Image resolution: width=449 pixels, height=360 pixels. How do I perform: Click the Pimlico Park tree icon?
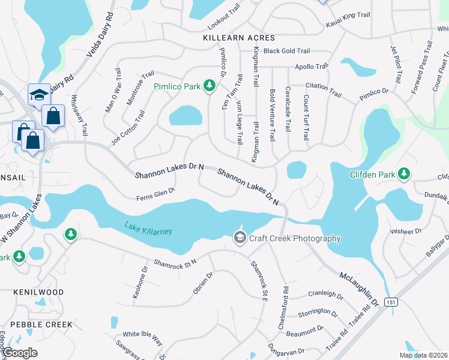pyautogui.click(x=209, y=86)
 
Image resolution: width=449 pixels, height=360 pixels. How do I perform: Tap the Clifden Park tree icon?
pyautogui.click(x=404, y=174)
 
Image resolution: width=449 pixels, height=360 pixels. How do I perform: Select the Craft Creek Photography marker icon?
pyautogui.click(x=240, y=238)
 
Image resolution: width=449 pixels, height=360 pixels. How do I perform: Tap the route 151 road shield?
pyautogui.click(x=391, y=302)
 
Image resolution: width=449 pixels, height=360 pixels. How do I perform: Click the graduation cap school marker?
pyautogui.click(x=39, y=95)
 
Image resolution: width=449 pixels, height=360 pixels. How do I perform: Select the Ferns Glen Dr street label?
pyautogui.click(x=155, y=194)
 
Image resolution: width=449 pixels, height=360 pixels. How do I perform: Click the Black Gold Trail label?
pyautogui.click(x=286, y=52)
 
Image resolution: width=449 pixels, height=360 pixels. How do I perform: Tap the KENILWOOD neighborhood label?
pyautogui.click(x=38, y=292)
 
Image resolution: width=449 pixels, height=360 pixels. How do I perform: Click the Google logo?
pyautogui.click(x=20, y=353)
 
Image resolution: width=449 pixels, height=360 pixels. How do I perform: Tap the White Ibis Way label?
pyautogui.click(x=142, y=338)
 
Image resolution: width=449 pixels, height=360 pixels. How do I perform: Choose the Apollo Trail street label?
pyautogui.click(x=310, y=67)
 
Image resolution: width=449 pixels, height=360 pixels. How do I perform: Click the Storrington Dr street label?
pyautogui.click(x=318, y=312)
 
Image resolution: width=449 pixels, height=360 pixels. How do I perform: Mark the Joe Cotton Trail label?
pyautogui.click(x=128, y=127)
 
